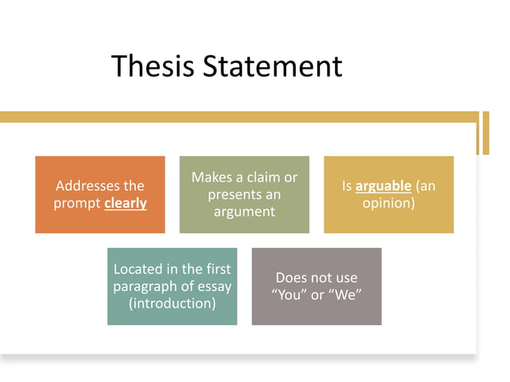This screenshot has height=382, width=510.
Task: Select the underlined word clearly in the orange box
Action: [126, 203]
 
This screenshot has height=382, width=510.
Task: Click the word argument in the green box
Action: [244, 212]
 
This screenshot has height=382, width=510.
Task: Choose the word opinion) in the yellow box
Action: [388, 203]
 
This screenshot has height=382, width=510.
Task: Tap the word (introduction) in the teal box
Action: [172, 304]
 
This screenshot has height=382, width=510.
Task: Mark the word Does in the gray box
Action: [291, 278]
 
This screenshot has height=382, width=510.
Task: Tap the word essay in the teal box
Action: [214, 286]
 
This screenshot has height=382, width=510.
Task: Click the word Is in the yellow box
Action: [347, 186]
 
